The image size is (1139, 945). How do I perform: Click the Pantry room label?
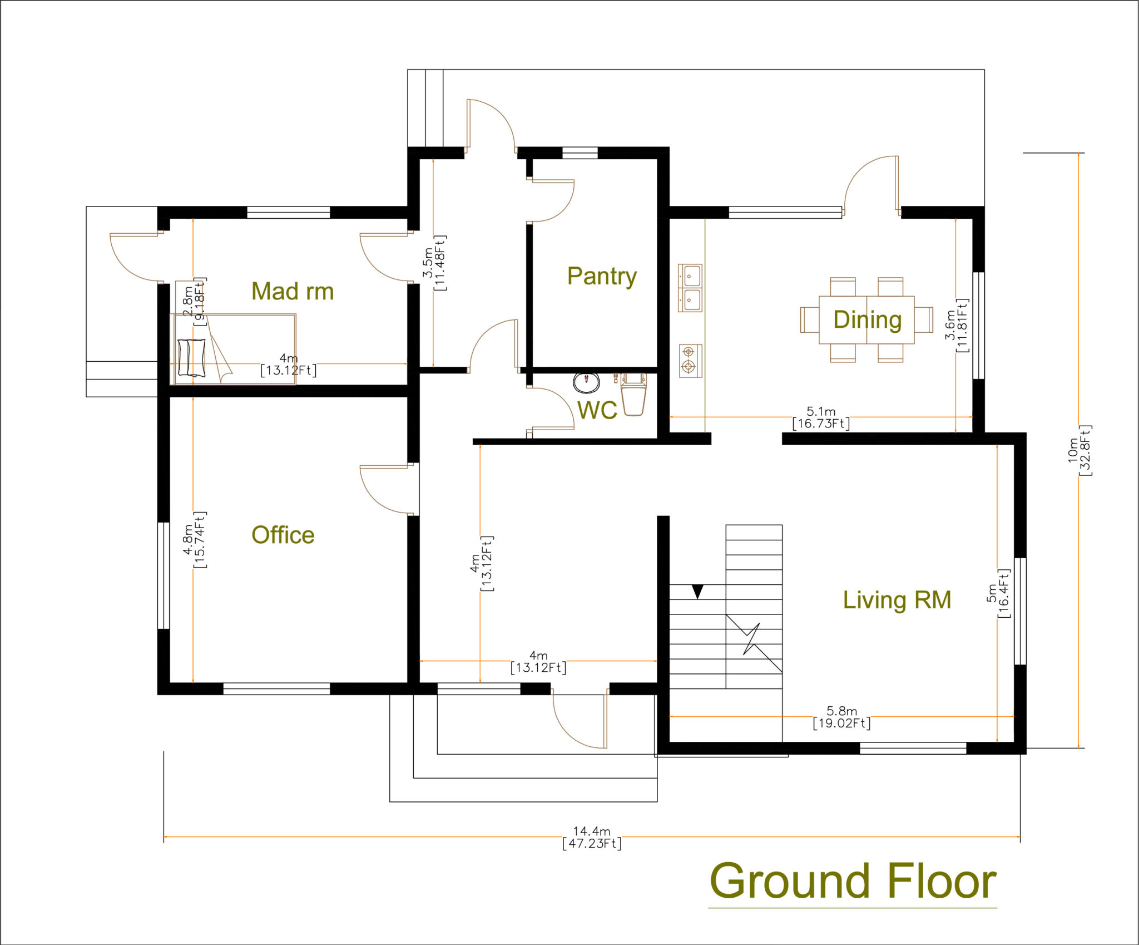[x=602, y=276]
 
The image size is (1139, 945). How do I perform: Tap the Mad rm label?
[x=293, y=291]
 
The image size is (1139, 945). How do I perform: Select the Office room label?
[x=283, y=535]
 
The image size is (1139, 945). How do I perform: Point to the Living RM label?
[x=897, y=600]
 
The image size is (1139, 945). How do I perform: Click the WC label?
[x=597, y=410]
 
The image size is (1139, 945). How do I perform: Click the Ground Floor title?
[x=853, y=882]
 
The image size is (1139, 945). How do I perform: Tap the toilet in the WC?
[x=633, y=393]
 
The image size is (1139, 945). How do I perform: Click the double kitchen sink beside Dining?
[x=690, y=288]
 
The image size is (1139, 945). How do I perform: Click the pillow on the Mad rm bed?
[x=192, y=357]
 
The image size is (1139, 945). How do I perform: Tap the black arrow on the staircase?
[x=697, y=591]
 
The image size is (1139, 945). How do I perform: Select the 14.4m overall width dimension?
[x=591, y=837]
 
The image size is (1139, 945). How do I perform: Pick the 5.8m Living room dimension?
[x=841, y=717]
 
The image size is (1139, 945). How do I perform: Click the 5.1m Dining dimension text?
[x=821, y=417]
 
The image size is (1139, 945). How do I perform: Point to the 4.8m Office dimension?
[x=194, y=539]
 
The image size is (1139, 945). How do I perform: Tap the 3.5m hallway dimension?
[x=434, y=263]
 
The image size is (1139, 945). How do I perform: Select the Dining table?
[x=866, y=320]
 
